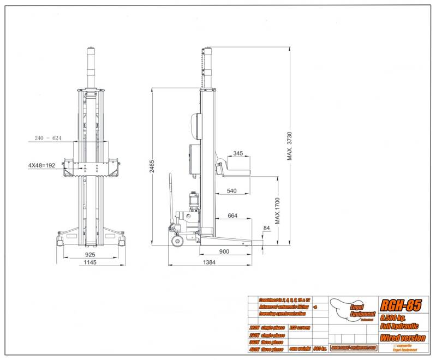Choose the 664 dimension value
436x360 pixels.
(x=233, y=216)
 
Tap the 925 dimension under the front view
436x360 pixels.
(x=91, y=254)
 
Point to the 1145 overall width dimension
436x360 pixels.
(x=91, y=263)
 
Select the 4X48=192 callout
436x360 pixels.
(x=43, y=164)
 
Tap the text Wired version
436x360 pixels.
(x=403, y=338)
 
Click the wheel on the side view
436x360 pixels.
(x=176, y=241)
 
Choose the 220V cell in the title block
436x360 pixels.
(x=255, y=327)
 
